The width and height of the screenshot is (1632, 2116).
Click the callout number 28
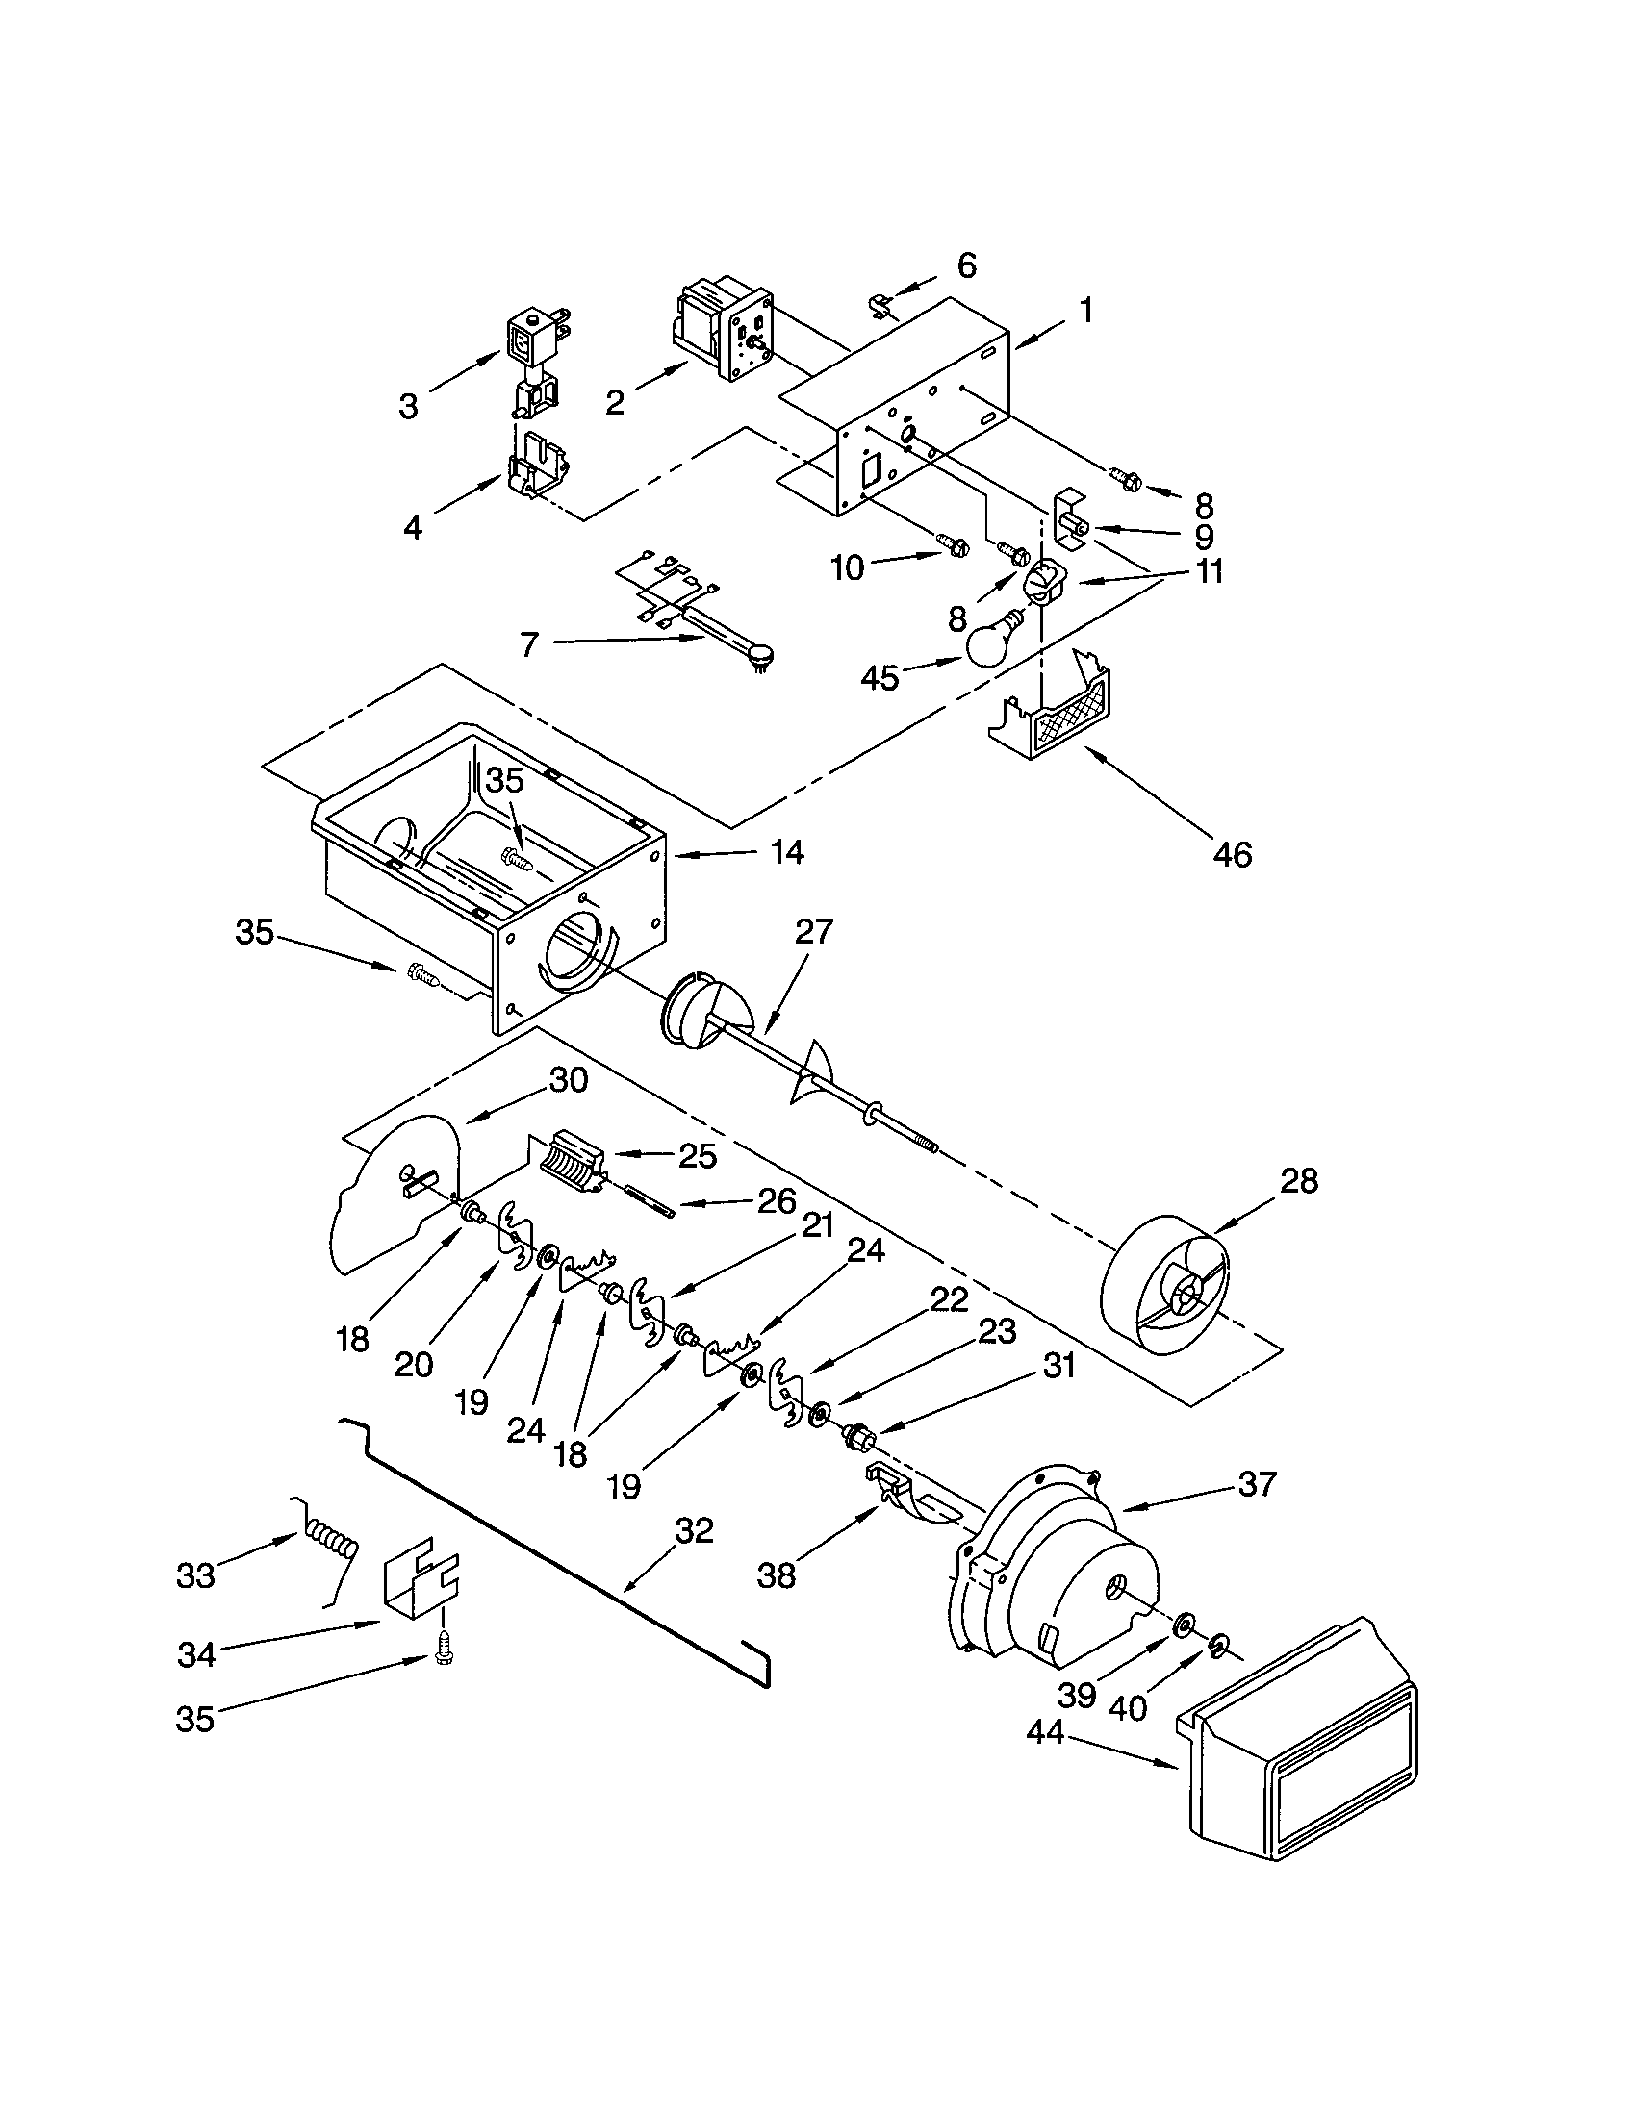[x=1299, y=1180]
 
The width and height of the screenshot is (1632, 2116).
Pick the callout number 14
[x=786, y=851]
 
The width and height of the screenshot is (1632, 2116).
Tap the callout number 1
[x=1085, y=310]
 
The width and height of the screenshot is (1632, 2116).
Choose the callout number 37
[x=1256, y=1483]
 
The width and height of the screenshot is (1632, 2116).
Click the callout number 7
[x=528, y=644]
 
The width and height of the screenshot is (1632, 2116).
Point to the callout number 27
[x=813, y=931]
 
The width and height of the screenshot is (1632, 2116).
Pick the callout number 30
[x=568, y=1079]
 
